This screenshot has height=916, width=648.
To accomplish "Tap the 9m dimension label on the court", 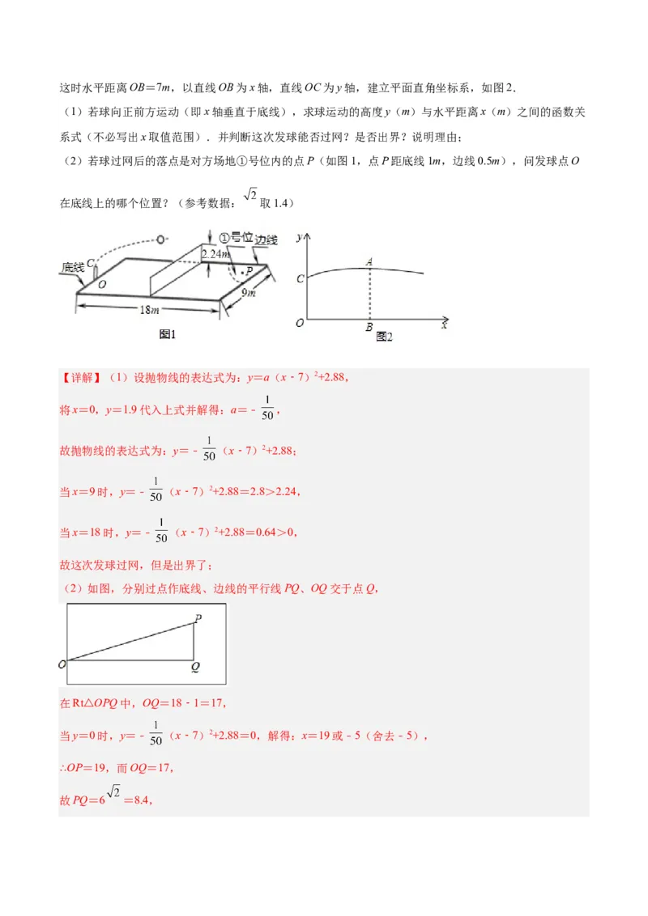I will click(249, 293).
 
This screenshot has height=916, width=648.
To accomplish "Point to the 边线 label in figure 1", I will click(266, 240).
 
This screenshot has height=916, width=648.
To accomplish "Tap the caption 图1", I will click(168, 333).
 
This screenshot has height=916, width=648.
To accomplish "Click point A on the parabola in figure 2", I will click(369, 261).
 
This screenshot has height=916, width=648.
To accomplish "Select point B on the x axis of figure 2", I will click(369, 328).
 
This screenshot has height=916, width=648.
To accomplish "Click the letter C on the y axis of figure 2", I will click(301, 279).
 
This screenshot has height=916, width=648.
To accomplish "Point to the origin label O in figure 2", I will click(300, 322).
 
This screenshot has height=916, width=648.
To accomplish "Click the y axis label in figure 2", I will click(301, 237).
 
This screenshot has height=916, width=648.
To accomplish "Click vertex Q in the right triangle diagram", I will click(195, 668).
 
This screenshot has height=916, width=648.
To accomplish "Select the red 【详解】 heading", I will click(81, 378).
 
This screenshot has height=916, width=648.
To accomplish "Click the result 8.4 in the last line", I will click(143, 801).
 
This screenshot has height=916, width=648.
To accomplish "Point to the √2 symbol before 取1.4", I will click(249, 195).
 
